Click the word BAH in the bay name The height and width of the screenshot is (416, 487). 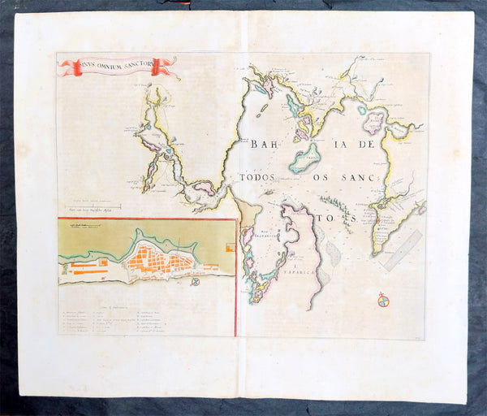(x=265, y=145)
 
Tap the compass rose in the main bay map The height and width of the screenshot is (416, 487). (x=383, y=301)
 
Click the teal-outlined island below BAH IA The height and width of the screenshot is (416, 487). (x=305, y=158)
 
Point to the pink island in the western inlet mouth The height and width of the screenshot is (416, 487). (x=204, y=188)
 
